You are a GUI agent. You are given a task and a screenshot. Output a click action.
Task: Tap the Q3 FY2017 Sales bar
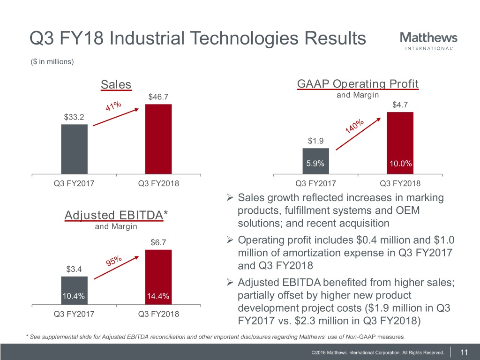coord(75,149)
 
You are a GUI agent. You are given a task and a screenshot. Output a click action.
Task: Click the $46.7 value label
coord(158,97)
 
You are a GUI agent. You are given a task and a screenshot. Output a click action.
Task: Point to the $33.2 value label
coord(75,117)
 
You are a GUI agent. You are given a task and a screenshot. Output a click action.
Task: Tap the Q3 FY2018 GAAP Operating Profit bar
coord(400,143)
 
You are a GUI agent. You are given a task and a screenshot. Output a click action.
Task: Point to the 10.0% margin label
coord(400,164)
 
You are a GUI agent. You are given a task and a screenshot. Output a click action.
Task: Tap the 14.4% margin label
coord(158,296)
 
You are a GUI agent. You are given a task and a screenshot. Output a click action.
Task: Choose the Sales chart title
coord(116,84)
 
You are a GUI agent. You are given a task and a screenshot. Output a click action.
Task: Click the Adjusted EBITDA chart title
coord(116,215)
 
